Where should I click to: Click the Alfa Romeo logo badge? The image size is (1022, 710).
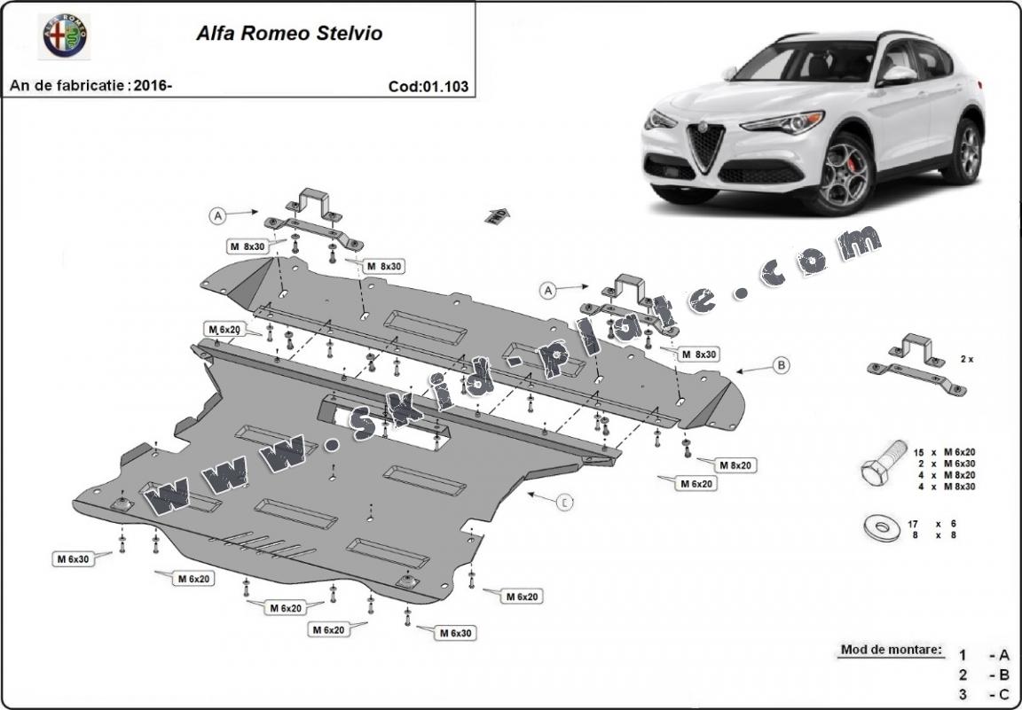click(67, 35)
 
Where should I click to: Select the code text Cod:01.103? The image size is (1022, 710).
click(428, 87)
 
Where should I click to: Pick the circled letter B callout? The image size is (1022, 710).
click(781, 363)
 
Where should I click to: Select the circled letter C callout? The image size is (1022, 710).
click(564, 503)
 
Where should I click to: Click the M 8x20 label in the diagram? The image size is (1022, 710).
click(735, 465)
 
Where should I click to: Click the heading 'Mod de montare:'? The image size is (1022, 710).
click(891, 650)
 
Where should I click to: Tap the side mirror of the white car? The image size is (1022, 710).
click(896, 76)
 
